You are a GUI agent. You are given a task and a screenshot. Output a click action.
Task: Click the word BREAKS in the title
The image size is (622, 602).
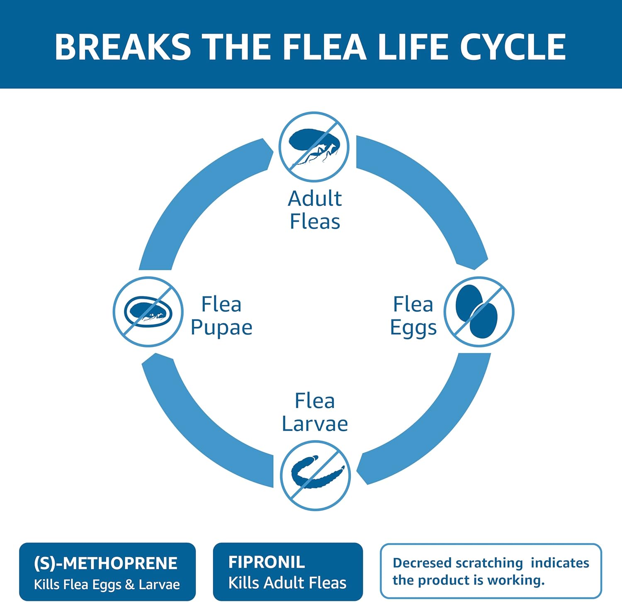tap(123, 46)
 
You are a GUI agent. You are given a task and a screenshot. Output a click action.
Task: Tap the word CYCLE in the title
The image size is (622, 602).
tap(513, 46)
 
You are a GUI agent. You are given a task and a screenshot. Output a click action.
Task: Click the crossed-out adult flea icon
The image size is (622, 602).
tap(314, 147)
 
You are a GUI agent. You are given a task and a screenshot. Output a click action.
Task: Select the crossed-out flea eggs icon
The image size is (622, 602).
tap(479, 312)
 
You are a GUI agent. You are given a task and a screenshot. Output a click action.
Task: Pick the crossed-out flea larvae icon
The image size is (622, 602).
tap(316, 475)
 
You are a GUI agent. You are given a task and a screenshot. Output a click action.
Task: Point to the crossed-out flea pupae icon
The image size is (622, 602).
tap(148, 312)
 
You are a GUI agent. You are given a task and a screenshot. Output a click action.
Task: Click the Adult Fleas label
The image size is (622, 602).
tap(315, 210)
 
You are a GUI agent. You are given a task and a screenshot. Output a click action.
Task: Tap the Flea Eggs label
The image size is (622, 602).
tap(413, 316)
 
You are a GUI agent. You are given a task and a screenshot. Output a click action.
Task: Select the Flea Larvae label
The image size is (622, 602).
tap(315, 412)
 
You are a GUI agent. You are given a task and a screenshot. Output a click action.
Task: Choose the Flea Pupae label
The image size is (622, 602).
tap(221, 316)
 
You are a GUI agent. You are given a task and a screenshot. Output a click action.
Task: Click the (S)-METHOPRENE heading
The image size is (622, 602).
tap(106, 563)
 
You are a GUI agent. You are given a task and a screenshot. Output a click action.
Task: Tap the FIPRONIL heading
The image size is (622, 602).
tap(267, 562)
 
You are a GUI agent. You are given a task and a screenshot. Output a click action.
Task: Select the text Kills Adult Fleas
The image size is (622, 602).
tap(287, 583)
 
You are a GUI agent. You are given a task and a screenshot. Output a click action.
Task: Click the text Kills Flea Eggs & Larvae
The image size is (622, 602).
tap(107, 584)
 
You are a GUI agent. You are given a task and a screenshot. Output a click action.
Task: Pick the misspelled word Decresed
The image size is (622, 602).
tap(422, 563)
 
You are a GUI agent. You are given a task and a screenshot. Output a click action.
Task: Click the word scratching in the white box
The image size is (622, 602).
tap(489, 563)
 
